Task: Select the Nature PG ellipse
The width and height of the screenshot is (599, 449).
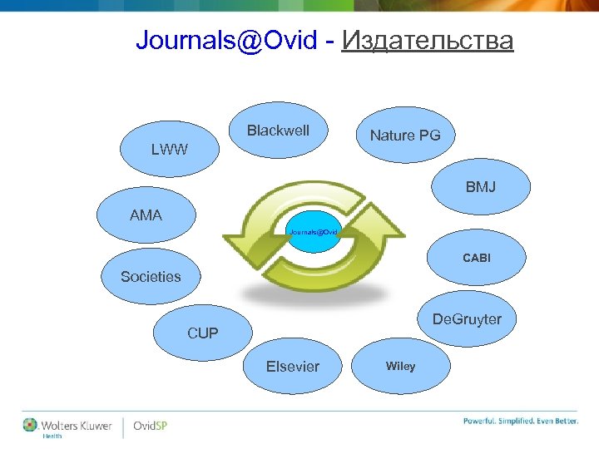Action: pos(405,136)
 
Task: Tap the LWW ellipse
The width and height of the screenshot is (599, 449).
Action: pos(170,150)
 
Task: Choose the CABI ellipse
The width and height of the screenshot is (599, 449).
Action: pos(477,259)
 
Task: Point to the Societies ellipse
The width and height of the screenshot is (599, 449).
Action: pos(151,277)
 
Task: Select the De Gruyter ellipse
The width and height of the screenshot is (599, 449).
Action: pos(466,320)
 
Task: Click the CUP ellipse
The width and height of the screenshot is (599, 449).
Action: pos(203,333)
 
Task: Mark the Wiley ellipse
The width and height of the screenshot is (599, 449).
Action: pos(400,366)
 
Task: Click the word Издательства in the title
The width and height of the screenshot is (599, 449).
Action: pos(427,40)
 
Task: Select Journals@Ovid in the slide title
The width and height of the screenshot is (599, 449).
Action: pos(226,40)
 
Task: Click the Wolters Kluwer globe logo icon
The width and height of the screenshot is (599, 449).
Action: pos(31,424)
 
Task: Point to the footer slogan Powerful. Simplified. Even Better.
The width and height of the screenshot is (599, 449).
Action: pos(520,421)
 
